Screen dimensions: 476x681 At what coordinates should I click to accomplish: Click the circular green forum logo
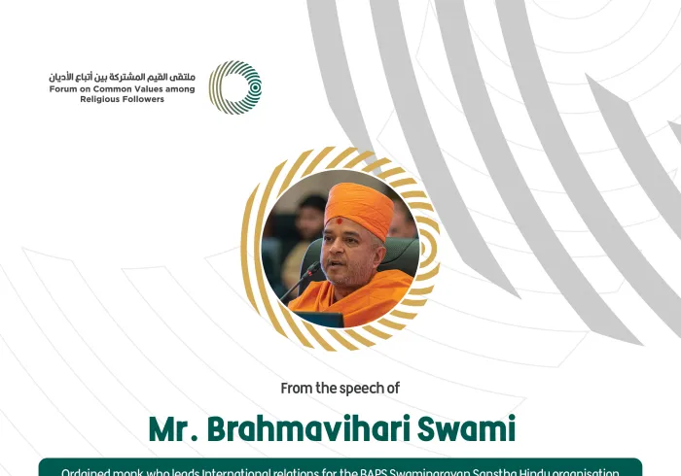pyautogui.click(x=235, y=87)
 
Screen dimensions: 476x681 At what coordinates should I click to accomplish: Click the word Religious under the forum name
pyautogui.click(x=101, y=100)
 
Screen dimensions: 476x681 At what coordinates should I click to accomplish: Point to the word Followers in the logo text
pyautogui.click(x=145, y=100)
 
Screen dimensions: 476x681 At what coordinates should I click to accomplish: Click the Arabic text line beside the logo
pyautogui.click(x=122, y=76)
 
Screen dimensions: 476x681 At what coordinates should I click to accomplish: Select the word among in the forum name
pyautogui.click(x=181, y=89)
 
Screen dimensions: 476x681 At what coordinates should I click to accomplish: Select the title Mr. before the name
pyautogui.click(x=174, y=427)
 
